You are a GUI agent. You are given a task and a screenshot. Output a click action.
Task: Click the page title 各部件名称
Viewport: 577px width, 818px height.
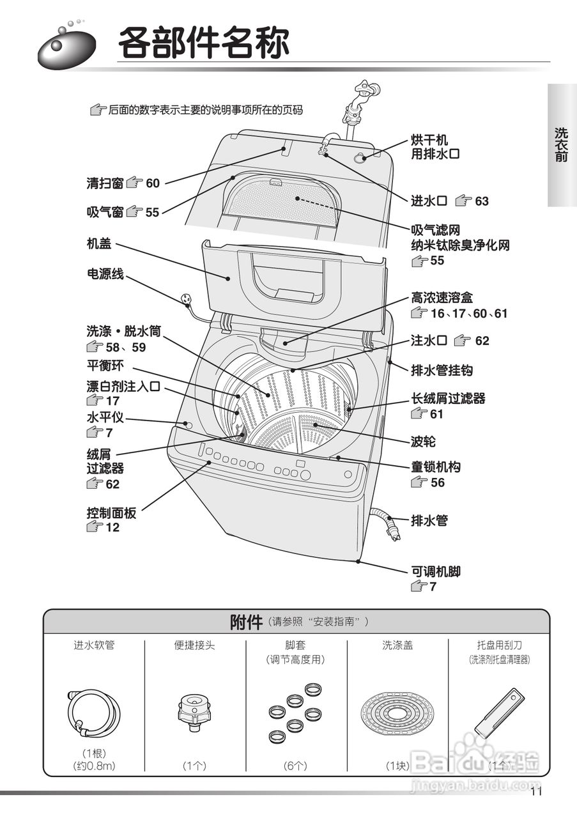pyautogui.click(x=203, y=43)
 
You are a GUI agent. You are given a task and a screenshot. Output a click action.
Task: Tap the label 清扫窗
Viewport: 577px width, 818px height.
pyautogui.click(x=105, y=183)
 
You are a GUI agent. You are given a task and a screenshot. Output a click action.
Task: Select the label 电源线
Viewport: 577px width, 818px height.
pyautogui.click(x=105, y=274)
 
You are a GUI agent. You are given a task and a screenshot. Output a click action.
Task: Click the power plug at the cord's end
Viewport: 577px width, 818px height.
pyautogui.click(x=187, y=298)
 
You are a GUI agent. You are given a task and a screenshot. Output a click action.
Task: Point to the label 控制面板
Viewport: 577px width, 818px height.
pyautogui.click(x=112, y=513)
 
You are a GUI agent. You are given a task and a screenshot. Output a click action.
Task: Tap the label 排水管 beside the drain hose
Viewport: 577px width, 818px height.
pyautogui.click(x=429, y=520)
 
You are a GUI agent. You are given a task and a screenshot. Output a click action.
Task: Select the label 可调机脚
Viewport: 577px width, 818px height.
pyautogui.click(x=435, y=571)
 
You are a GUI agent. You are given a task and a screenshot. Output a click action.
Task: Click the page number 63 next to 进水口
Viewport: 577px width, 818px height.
pyautogui.click(x=481, y=201)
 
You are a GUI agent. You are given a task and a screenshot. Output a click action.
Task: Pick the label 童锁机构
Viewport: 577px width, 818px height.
pyautogui.click(x=435, y=467)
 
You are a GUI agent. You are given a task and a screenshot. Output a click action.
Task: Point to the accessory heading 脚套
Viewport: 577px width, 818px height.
pyautogui.click(x=295, y=645)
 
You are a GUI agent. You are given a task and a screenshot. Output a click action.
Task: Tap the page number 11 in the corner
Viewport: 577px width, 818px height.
pyautogui.click(x=535, y=792)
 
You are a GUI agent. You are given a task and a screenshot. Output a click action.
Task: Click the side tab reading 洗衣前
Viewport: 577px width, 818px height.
pyautogui.click(x=561, y=144)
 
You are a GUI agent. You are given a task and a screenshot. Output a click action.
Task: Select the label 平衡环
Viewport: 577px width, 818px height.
pyautogui.click(x=105, y=366)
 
